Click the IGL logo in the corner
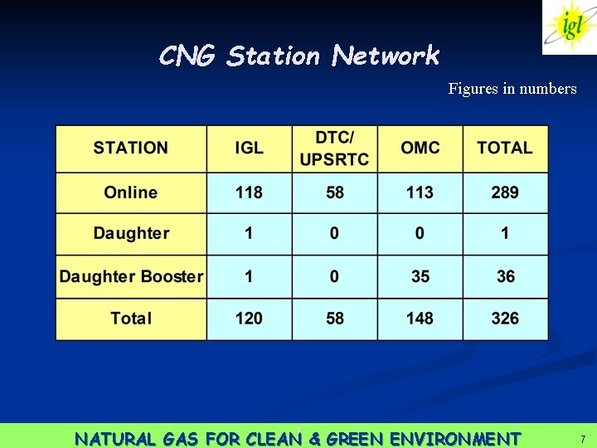(x=570, y=27)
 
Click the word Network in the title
(x=386, y=56)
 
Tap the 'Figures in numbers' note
(x=512, y=89)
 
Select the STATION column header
(x=131, y=149)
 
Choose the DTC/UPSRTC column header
(x=334, y=149)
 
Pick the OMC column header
(x=420, y=149)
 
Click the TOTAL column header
(x=505, y=149)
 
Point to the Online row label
(x=131, y=192)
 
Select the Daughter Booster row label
(x=131, y=276)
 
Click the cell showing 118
(x=249, y=192)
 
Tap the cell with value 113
(x=420, y=192)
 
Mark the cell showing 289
(x=505, y=192)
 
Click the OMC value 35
(x=420, y=276)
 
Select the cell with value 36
(x=505, y=276)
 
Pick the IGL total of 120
(x=249, y=319)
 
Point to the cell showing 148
(x=420, y=319)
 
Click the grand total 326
(x=505, y=319)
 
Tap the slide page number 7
(x=583, y=438)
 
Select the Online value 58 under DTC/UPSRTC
(x=334, y=192)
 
